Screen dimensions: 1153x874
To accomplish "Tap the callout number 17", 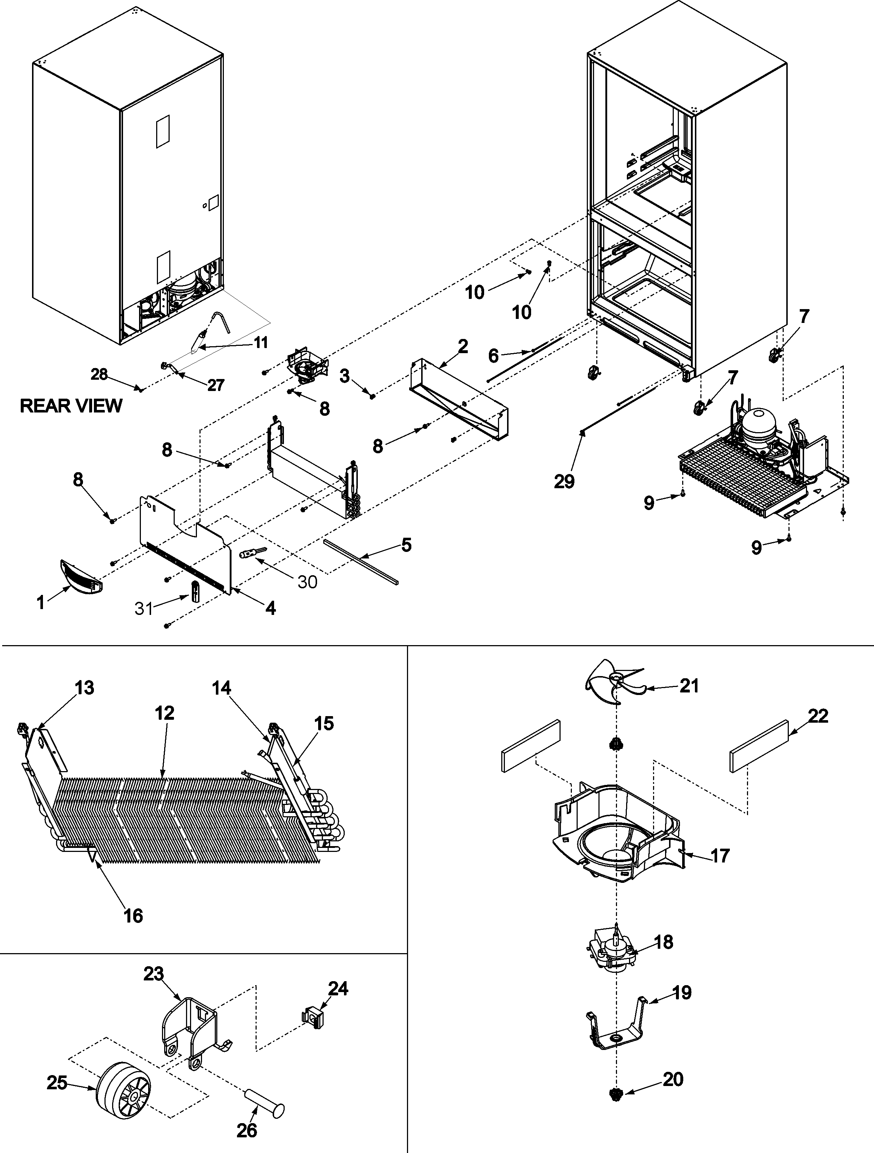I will pyautogui.click(x=720, y=856).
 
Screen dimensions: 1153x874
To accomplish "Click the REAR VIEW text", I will pyautogui.click(x=71, y=406).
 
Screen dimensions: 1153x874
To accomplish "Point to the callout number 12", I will pyautogui.click(x=165, y=713).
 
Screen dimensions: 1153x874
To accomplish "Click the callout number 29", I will pyautogui.click(x=564, y=482).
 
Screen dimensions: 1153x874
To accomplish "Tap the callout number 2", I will pyautogui.click(x=463, y=347).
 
